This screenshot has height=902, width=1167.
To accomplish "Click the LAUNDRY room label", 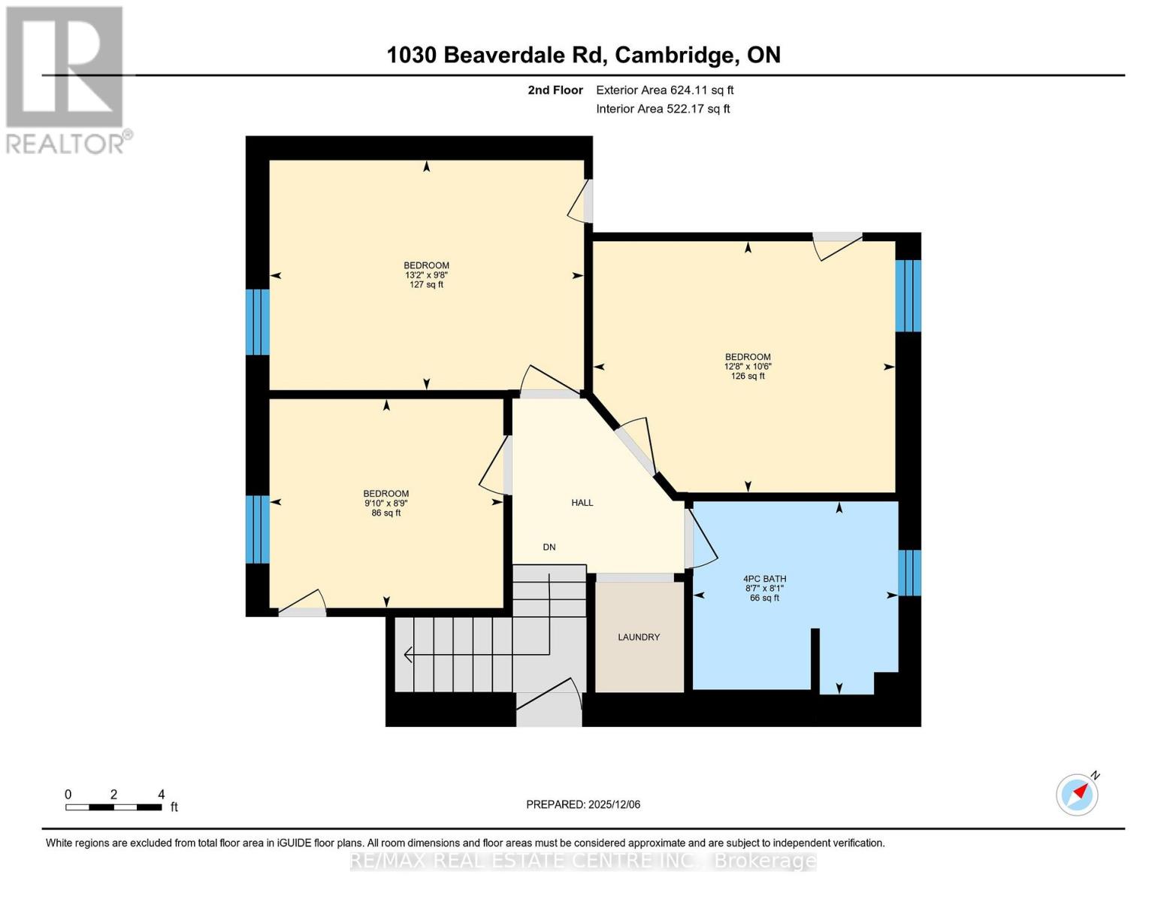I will (x=639, y=637).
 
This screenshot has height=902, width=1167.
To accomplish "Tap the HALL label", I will (x=582, y=503).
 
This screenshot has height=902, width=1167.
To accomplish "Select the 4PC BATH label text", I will (x=764, y=579).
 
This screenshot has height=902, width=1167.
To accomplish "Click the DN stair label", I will (x=549, y=547).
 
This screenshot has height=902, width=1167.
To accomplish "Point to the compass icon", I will (x=1077, y=795).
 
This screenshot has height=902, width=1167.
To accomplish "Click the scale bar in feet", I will (x=113, y=807).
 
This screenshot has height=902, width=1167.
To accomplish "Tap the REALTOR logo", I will (x=65, y=79).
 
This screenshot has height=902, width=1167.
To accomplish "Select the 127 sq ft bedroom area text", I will (x=426, y=285).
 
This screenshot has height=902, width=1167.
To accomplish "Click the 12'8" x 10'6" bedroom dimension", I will (x=748, y=367).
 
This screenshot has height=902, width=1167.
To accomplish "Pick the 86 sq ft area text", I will (x=386, y=513).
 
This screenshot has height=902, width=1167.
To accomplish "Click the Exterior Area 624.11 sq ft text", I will (x=664, y=90).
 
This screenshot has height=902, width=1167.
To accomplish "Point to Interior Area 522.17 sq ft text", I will (x=663, y=109).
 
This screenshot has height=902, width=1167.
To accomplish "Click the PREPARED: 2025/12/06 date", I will (x=583, y=804).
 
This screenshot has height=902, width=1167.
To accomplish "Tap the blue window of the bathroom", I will (x=909, y=573).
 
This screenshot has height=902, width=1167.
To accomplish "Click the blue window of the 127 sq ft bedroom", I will (x=258, y=322).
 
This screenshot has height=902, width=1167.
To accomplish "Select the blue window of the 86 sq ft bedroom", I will (x=258, y=529).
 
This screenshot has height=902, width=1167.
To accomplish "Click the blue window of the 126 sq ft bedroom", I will (x=908, y=295).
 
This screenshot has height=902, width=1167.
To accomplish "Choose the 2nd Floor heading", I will (x=555, y=90).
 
